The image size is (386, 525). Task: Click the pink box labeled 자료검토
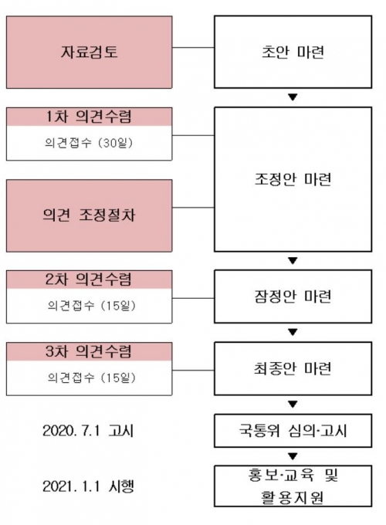(x=89, y=52)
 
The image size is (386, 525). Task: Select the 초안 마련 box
(x=293, y=52)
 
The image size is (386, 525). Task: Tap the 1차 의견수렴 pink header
(x=89, y=117)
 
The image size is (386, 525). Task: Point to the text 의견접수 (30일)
(x=89, y=143)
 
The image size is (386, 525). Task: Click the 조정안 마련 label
(x=293, y=179)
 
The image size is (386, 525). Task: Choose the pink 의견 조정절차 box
(x=89, y=215)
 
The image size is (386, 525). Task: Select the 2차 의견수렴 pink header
(x=89, y=279)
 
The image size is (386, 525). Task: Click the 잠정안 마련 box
(x=293, y=296)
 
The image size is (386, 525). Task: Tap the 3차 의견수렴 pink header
(x=89, y=351)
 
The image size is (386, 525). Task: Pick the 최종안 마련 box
(x=293, y=368)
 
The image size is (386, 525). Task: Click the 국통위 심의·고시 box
(x=293, y=431)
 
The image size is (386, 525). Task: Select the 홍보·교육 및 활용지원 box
(x=293, y=486)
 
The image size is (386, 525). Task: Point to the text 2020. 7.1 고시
(x=88, y=431)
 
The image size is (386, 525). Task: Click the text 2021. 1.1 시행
(x=88, y=486)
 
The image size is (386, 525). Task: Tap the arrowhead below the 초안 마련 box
(x=293, y=97)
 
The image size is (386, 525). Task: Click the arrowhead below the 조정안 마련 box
(x=293, y=260)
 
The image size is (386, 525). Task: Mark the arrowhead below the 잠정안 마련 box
(x=293, y=332)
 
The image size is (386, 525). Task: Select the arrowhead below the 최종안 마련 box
(x=293, y=404)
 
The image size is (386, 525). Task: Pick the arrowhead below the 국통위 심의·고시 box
(x=293, y=456)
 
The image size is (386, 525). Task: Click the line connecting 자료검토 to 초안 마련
(x=193, y=48)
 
